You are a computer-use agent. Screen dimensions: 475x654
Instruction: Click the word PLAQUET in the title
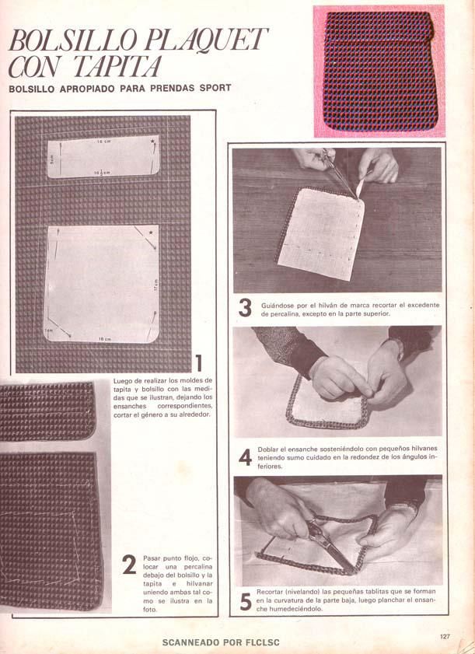click(206, 40)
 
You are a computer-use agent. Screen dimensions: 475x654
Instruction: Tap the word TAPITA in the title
click(117, 66)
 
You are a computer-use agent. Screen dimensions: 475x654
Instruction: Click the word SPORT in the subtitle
click(215, 88)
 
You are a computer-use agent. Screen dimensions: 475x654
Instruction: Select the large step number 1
click(198, 362)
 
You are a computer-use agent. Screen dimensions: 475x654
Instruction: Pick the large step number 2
click(129, 565)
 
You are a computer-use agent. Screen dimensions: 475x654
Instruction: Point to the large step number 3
click(245, 308)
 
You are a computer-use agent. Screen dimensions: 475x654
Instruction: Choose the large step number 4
click(245, 457)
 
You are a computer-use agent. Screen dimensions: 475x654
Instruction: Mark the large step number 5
click(246, 602)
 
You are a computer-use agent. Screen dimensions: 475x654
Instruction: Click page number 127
click(445, 636)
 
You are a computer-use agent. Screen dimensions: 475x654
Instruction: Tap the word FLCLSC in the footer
click(263, 642)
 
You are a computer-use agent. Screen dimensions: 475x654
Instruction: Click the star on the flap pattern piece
click(153, 142)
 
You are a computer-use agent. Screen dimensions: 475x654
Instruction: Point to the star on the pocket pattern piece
click(151, 233)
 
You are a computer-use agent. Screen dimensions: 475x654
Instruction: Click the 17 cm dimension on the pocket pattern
click(156, 285)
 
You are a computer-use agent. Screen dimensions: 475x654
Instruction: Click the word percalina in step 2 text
click(198, 567)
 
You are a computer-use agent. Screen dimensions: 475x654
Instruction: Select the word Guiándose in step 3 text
click(278, 306)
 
